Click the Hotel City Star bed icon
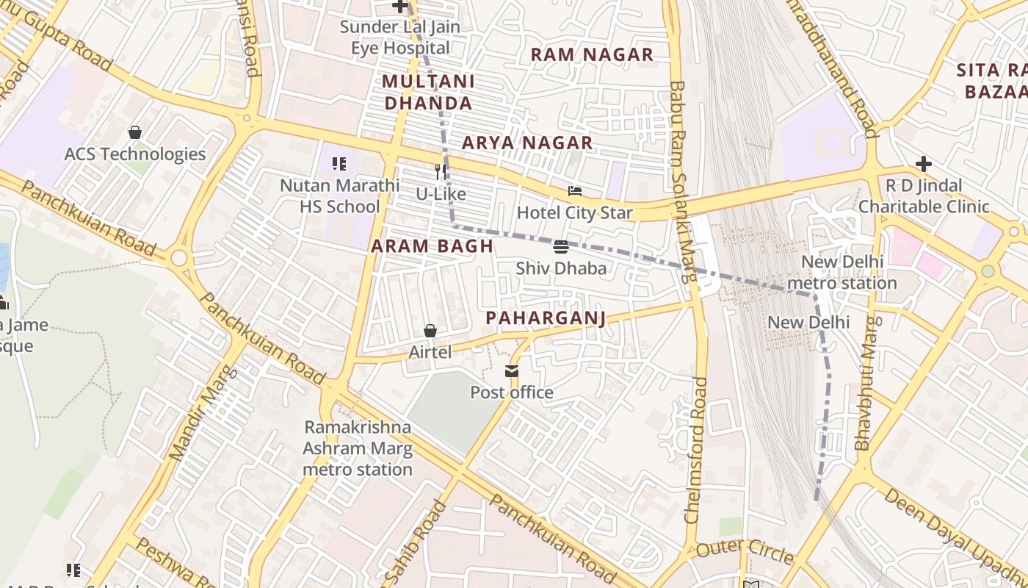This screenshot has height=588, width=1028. pyautogui.click(x=575, y=192)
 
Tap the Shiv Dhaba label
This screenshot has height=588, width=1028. pyautogui.click(x=561, y=268)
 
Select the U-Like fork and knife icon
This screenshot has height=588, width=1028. pyautogui.click(x=441, y=172)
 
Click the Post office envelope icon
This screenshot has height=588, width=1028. pyautogui.click(x=512, y=371)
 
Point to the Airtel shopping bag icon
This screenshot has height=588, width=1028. pyautogui.click(x=430, y=331)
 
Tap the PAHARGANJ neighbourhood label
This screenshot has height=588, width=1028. pyautogui.click(x=546, y=318)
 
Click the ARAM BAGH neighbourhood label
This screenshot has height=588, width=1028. pyautogui.click(x=432, y=246)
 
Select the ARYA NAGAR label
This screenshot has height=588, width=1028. pyautogui.click(x=527, y=143)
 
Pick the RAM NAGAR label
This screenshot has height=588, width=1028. pyautogui.click(x=592, y=54)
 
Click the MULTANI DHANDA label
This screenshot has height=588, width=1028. pyautogui.click(x=429, y=92)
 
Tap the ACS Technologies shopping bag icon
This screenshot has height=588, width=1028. pyautogui.click(x=135, y=132)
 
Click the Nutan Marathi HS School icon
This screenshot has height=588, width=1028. pyautogui.click(x=339, y=164)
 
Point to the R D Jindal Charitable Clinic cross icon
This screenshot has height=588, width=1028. pyautogui.click(x=924, y=164)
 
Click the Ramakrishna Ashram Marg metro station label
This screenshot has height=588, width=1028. pyautogui.click(x=358, y=448)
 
